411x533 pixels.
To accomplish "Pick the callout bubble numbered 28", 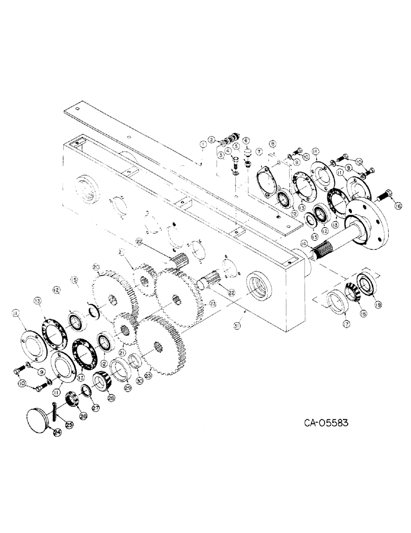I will [111, 398].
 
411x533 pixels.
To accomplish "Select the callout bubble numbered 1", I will [202, 144].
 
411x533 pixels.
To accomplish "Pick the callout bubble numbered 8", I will [273, 144].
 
